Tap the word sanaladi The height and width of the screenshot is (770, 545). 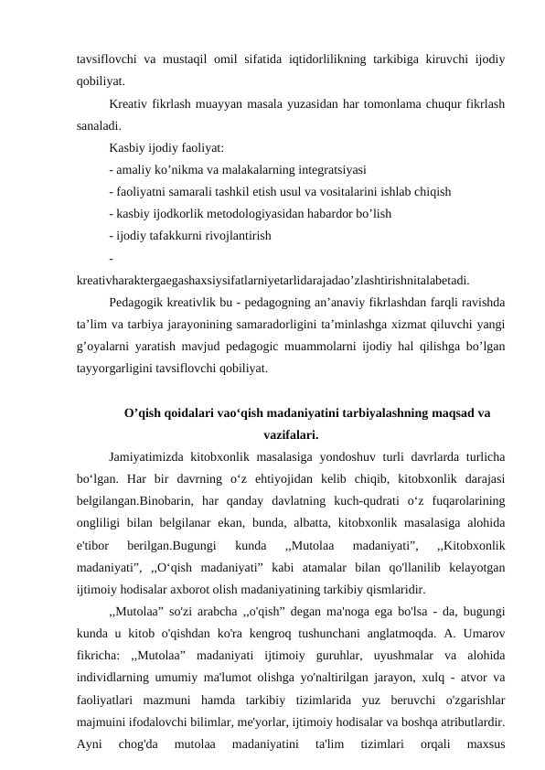(98, 125)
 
